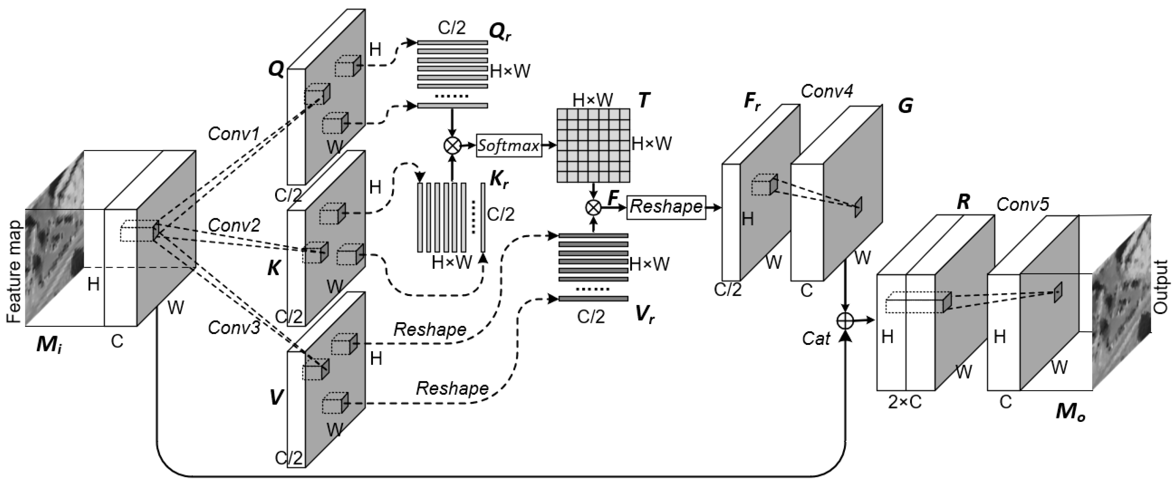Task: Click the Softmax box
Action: point(508,146)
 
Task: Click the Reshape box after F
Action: point(666,207)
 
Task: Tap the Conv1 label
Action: point(234,134)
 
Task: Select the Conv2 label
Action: point(234,225)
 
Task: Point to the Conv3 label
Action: point(234,327)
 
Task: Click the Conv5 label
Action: point(1023,204)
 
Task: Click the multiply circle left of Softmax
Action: point(453,146)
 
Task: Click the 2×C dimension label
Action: point(904,401)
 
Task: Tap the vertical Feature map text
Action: point(15,272)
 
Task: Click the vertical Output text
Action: point(1160,287)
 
